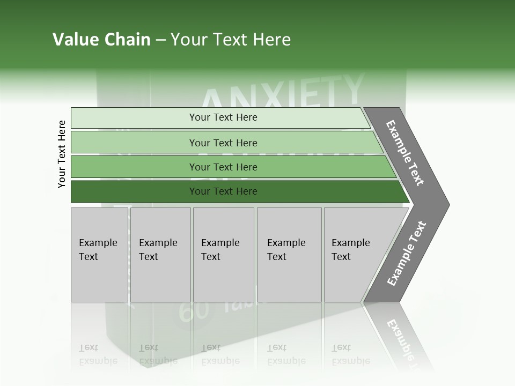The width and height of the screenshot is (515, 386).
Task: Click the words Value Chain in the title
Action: click(101, 40)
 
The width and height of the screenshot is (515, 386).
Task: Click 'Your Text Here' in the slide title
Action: click(231, 40)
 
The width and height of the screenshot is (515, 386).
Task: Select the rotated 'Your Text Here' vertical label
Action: click(62, 154)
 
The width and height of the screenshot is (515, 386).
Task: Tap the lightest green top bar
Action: click(134, 118)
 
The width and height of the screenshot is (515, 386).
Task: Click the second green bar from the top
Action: click(134, 143)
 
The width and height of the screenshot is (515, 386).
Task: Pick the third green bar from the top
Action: click(134, 167)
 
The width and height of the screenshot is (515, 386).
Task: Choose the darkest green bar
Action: click(134, 191)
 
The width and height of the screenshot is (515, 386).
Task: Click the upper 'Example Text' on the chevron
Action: click(405, 153)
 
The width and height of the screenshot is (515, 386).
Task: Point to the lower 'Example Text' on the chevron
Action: click(407, 254)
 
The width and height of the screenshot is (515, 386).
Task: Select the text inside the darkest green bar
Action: click(223, 191)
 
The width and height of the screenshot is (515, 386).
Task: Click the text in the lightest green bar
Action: click(223, 117)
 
